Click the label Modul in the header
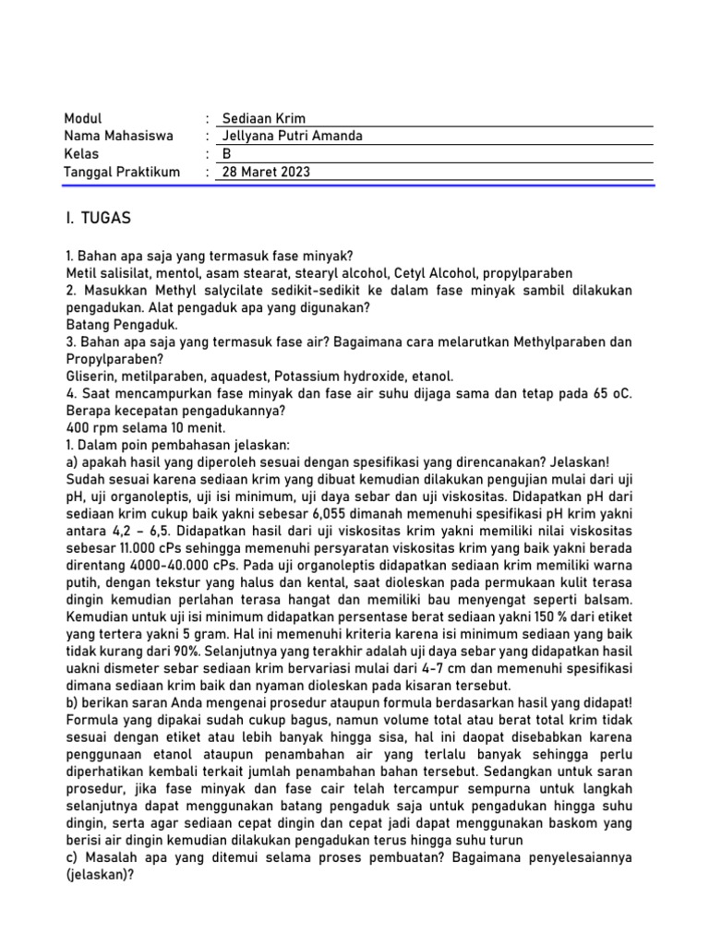(83, 118)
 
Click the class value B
(228, 153)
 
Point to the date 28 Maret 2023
(267, 172)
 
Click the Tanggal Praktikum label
(122, 172)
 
